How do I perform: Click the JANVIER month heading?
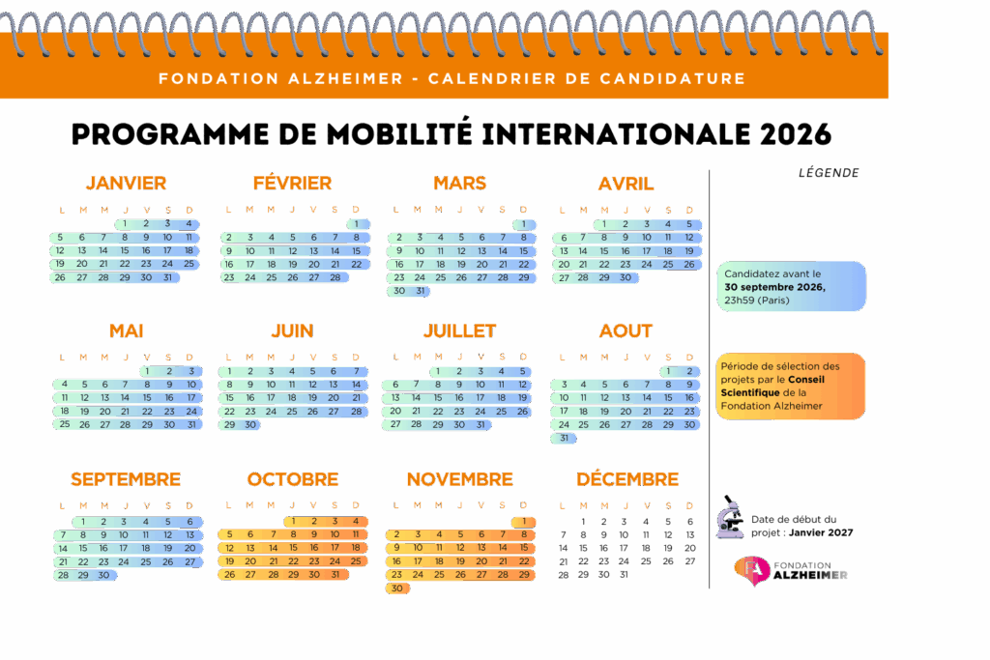pyautogui.click(x=126, y=183)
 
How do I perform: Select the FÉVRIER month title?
pyautogui.click(x=292, y=183)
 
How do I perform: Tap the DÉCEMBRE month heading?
pyautogui.click(x=627, y=479)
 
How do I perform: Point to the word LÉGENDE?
pyautogui.click(x=829, y=174)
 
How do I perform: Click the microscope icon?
pyautogui.click(x=730, y=519)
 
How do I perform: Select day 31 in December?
pyautogui.click(x=624, y=574)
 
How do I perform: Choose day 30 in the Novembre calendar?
pyautogui.click(x=396, y=588)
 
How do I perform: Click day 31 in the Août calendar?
pyautogui.click(x=564, y=438)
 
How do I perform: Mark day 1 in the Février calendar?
pyautogui.click(x=357, y=223)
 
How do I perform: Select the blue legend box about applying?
pyautogui.click(x=791, y=287)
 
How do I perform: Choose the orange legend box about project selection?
pyautogui.click(x=791, y=387)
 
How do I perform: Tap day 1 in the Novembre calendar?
pyautogui.click(x=523, y=522)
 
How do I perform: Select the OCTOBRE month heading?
pyautogui.click(x=292, y=479)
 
